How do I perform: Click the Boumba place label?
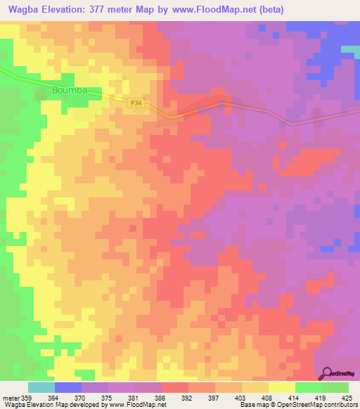coord(71,91)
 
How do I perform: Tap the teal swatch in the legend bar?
coord(41,388)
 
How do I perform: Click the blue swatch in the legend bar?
coord(68,388)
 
